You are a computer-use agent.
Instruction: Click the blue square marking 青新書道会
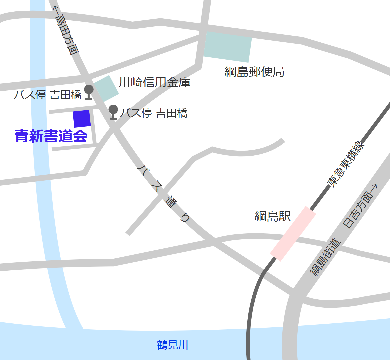point(82,119)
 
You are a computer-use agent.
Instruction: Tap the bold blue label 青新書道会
point(51,136)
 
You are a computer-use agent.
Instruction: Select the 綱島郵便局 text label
point(254,72)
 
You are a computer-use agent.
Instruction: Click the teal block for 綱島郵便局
point(228,47)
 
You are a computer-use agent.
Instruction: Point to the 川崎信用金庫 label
point(155,82)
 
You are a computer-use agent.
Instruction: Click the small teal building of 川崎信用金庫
point(106,88)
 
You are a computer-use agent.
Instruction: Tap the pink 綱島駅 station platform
point(293,233)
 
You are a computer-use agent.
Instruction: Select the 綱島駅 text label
point(273,216)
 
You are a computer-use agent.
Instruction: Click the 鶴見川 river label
point(173,345)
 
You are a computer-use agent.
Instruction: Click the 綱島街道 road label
point(326,257)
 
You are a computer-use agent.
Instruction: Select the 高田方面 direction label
point(68,35)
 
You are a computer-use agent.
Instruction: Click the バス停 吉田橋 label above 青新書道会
point(47,95)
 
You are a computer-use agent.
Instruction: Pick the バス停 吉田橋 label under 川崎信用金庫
point(154,113)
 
